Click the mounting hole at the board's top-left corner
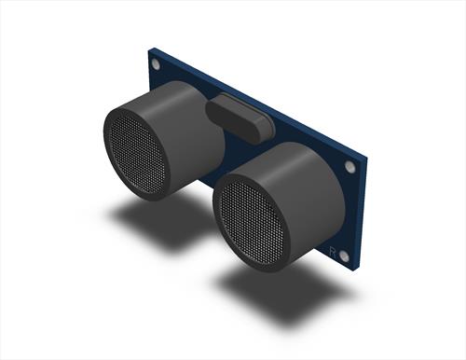point(156,64)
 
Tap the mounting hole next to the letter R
point(344,256)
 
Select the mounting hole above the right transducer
point(350,166)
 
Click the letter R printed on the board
point(333,251)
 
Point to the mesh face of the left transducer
point(137,155)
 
